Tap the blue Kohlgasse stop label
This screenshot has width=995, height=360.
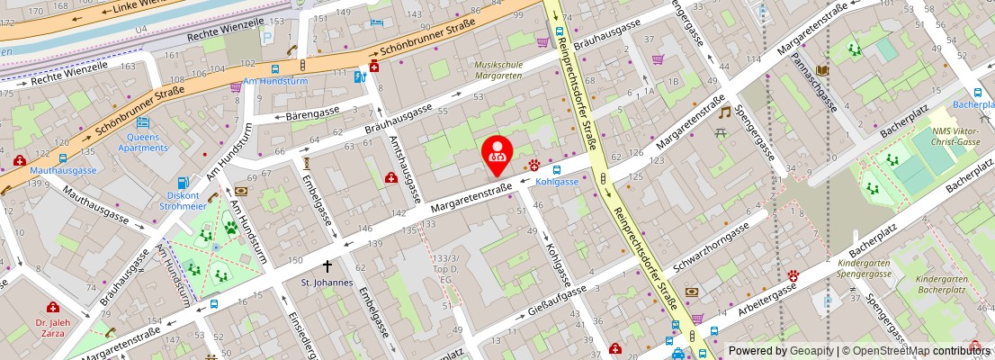pyautogui.click(x=557, y=181)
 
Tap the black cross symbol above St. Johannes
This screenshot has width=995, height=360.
pyautogui.click(x=327, y=266)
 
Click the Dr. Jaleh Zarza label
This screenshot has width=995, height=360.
pyautogui.click(x=52, y=327)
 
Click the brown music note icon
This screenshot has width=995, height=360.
pyautogui.click(x=724, y=112)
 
